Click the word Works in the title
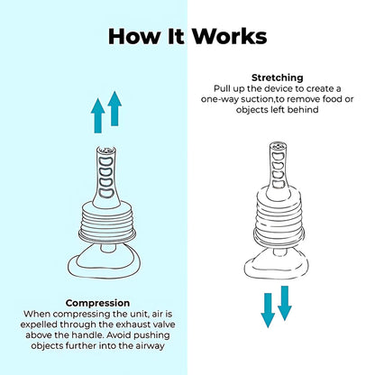[x=230, y=36]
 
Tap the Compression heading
[x=97, y=303]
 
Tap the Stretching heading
[x=278, y=78]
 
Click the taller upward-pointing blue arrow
[x=114, y=108]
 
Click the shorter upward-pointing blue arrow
[x=97, y=115]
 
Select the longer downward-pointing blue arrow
[x=268, y=310]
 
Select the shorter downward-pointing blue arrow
[x=285, y=303]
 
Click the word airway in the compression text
[x=150, y=346]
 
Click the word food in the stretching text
[x=332, y=99]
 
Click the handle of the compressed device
[x=106, y=178]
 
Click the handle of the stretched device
[x=279, y=171]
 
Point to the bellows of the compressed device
[x=107, y=221]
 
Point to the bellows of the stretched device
[x=279, y=217]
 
